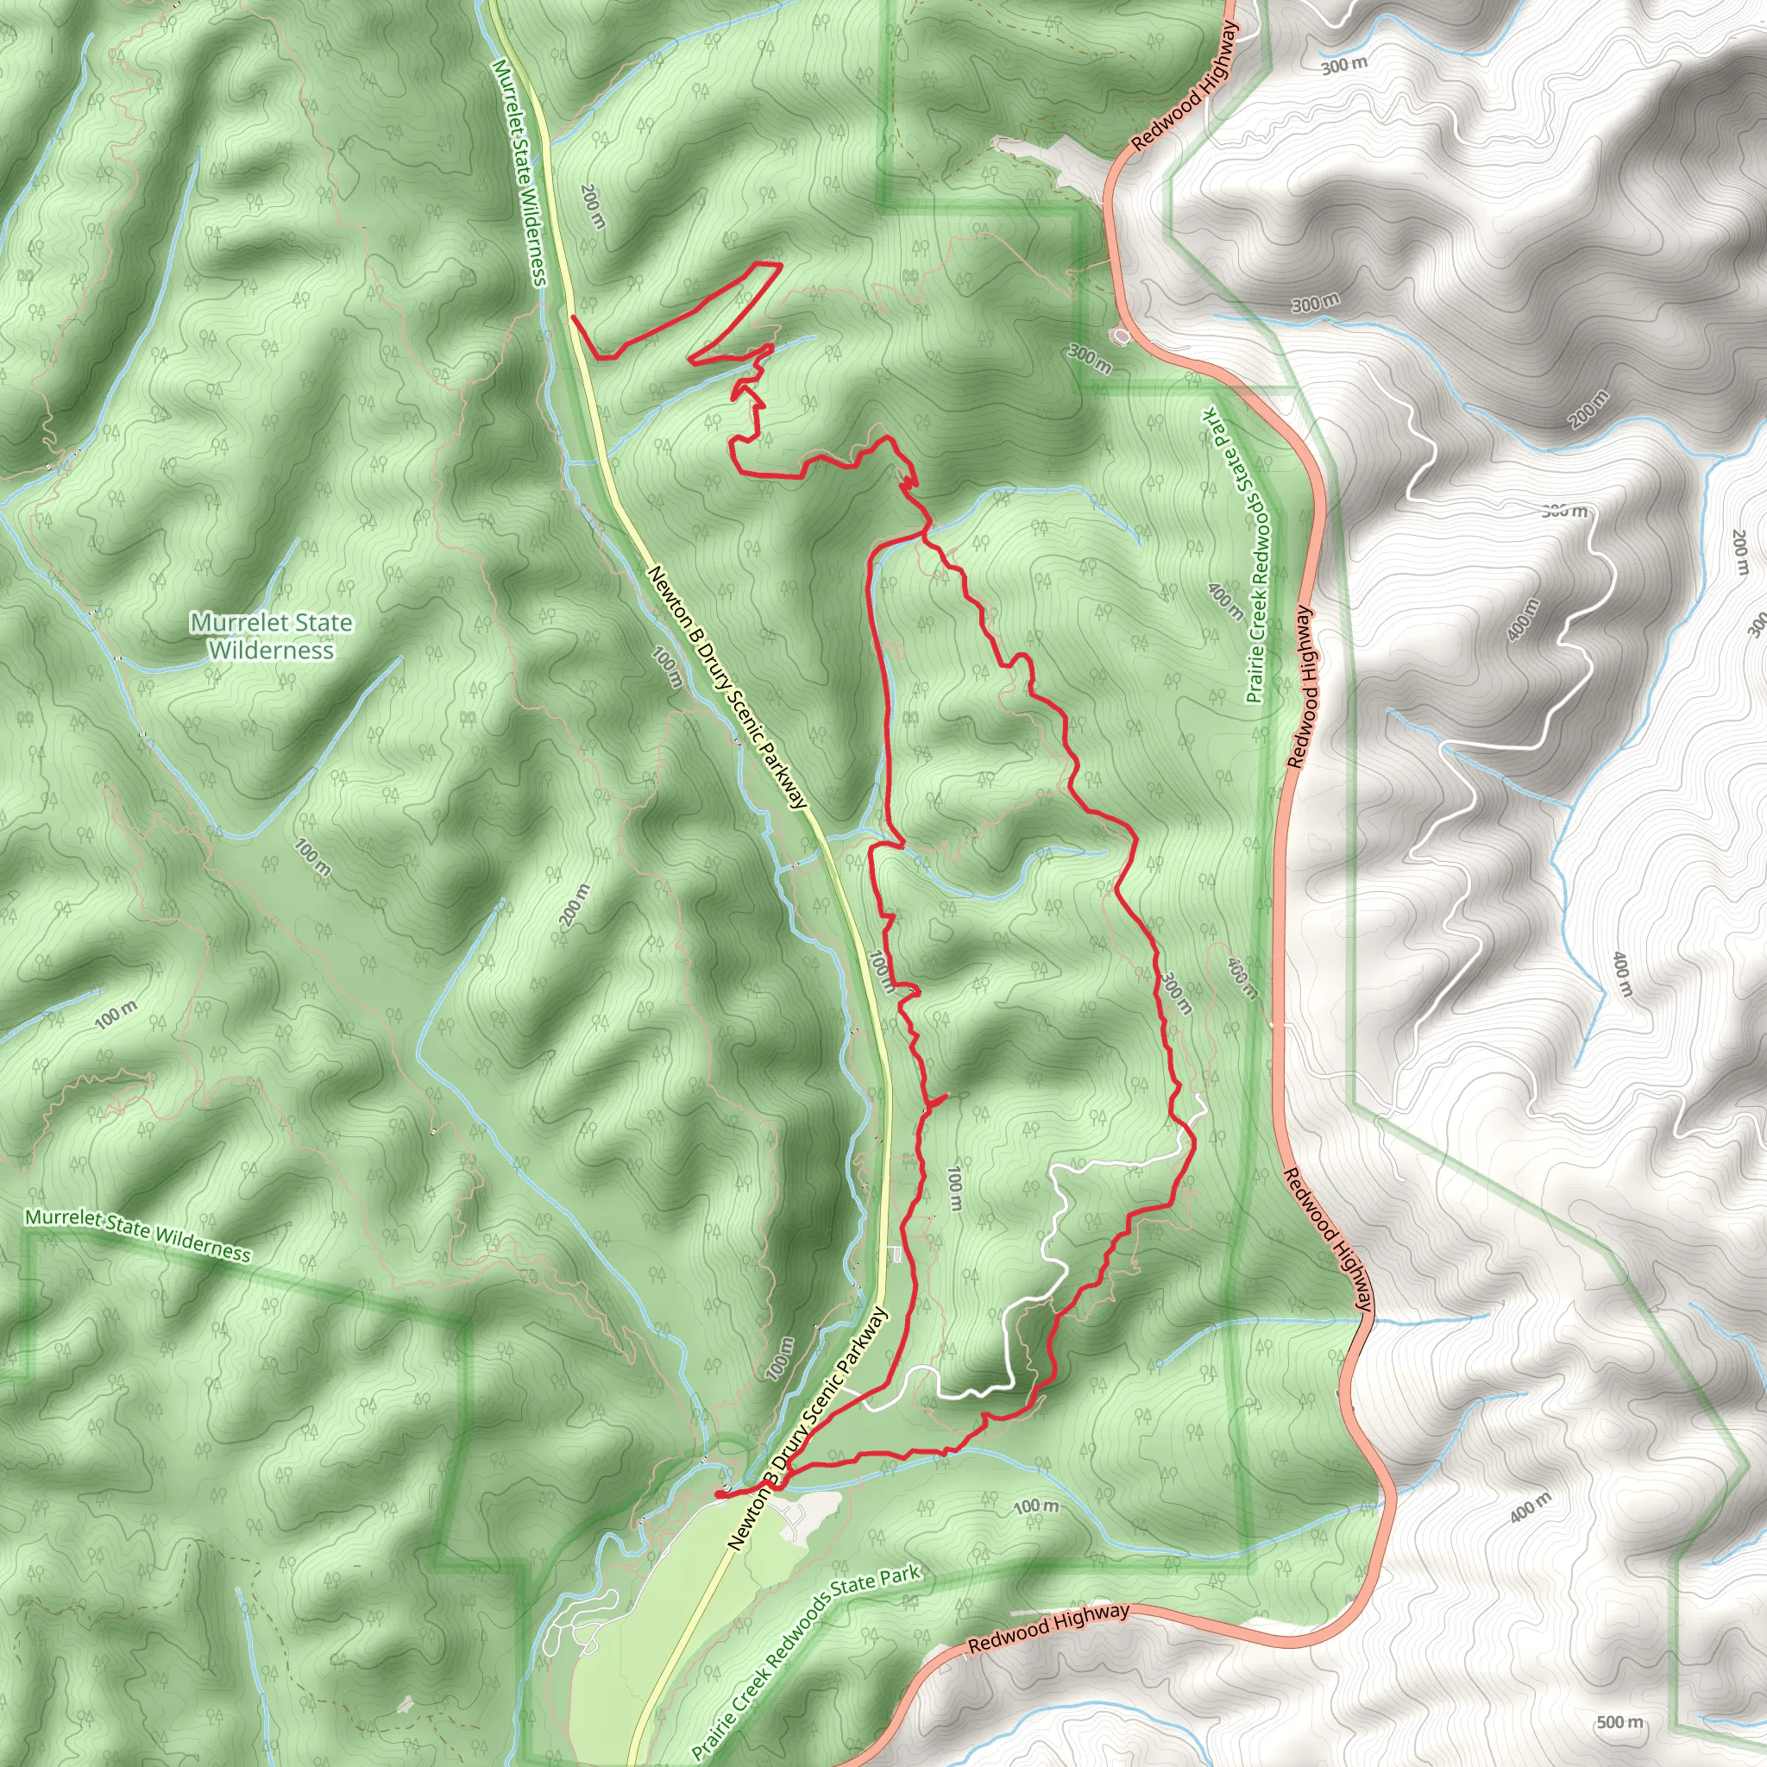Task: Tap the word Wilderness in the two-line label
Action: (271, 651)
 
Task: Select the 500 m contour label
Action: (1619, 1722)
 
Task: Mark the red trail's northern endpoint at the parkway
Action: (573, 318)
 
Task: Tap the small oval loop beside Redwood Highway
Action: (1122, 336)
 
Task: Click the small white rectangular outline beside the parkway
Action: (896, 1255)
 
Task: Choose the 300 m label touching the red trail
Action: (1177, 992)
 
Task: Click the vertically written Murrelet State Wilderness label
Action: (519, 173)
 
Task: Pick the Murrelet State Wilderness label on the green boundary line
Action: (137, 1235)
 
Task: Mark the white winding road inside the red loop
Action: (1052, 1235)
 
